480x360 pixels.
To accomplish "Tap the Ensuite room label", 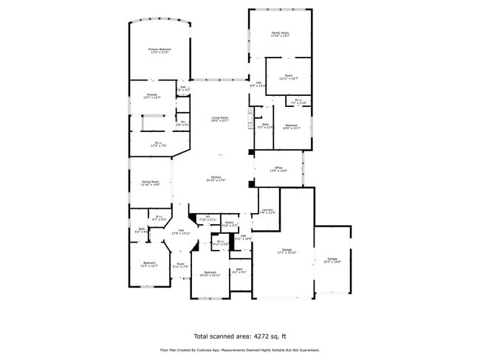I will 151,94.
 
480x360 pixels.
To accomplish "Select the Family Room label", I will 280,32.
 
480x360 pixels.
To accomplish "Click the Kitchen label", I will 216,177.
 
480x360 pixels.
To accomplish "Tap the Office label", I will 278,168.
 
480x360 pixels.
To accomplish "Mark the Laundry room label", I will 267,210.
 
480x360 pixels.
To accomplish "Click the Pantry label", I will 230,222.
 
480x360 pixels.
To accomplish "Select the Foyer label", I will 180,264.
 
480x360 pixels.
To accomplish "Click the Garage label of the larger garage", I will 286,250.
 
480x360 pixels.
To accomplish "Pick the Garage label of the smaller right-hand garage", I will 332,259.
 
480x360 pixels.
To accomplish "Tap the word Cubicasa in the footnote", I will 214,350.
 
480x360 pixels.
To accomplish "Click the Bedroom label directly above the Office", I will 292,125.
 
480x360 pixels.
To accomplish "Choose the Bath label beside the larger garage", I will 239,269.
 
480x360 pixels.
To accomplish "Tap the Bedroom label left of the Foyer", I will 149,263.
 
